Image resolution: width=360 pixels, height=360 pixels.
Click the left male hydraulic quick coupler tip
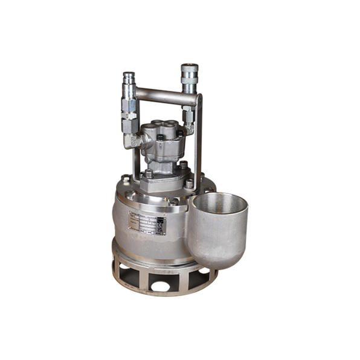click(x=129, y=77)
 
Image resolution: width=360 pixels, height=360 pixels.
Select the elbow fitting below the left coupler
click(x=132, y=141)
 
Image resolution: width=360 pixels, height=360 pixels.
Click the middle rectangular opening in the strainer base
click(x=160, y=283)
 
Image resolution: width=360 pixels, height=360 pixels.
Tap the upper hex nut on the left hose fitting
click(x=129, y=105)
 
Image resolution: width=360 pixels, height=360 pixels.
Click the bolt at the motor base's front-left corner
click(x=148, y=174)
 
